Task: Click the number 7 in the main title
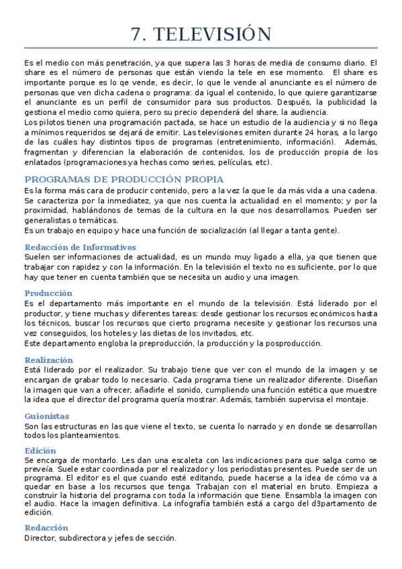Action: point(137,34)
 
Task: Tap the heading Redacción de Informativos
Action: point(80,247)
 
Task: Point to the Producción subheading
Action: point(48,293)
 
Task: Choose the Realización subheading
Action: point(49,360)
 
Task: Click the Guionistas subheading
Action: point(47,416)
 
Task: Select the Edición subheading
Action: point(40,450)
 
